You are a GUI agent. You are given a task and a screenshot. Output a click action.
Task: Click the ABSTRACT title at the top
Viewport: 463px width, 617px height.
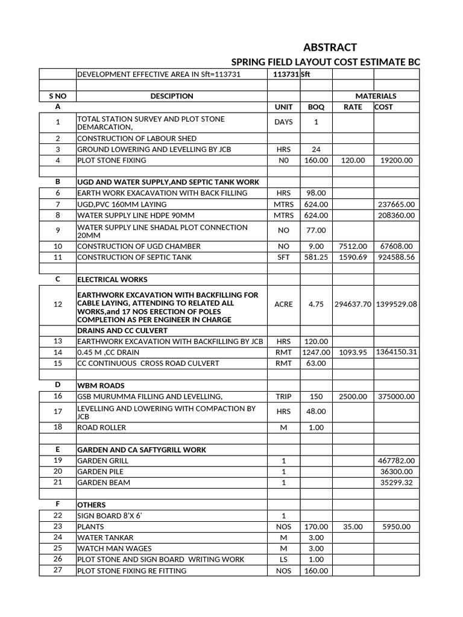coord(329,47)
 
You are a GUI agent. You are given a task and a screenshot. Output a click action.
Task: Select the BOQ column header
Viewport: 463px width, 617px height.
coord(316,107)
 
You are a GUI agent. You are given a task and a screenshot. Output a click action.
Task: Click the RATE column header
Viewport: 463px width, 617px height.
coord(353,107)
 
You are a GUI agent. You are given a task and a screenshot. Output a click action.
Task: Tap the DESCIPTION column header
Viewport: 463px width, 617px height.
coord(172,96)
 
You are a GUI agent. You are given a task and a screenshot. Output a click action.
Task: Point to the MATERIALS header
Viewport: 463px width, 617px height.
coord(376,96)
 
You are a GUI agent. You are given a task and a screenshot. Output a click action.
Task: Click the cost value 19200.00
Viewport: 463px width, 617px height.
coord(395,160)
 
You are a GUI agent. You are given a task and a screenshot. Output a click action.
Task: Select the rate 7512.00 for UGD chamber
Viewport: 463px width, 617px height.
coord(353,246)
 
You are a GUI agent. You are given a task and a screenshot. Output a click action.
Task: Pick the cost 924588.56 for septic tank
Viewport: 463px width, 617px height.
coord(395,257)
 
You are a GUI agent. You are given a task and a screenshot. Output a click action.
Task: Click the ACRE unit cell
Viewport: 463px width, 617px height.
coord(283,304)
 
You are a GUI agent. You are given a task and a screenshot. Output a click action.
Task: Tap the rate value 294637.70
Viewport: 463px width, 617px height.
coord(353,304)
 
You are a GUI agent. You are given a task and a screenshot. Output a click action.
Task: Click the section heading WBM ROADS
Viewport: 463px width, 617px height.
coord(101,385)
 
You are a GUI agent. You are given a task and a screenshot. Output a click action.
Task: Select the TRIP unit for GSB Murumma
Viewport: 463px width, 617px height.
coord(283,396)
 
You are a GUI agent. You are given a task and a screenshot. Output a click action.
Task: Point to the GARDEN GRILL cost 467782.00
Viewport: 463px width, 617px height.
coord(395,460)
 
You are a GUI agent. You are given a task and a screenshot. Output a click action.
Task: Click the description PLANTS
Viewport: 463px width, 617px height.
coord(90,526)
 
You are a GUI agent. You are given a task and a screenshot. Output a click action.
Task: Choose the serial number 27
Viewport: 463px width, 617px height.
coord(58,570)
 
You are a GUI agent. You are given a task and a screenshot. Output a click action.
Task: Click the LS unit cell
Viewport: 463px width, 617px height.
coord(283,559)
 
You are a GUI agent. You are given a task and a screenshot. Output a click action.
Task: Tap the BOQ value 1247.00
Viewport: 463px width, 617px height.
coord(316,352)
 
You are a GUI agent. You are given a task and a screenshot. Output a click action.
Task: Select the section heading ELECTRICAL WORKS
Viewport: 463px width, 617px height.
coord(113,280)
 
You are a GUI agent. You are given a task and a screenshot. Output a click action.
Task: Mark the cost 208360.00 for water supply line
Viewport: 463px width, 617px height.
coord(395,215)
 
